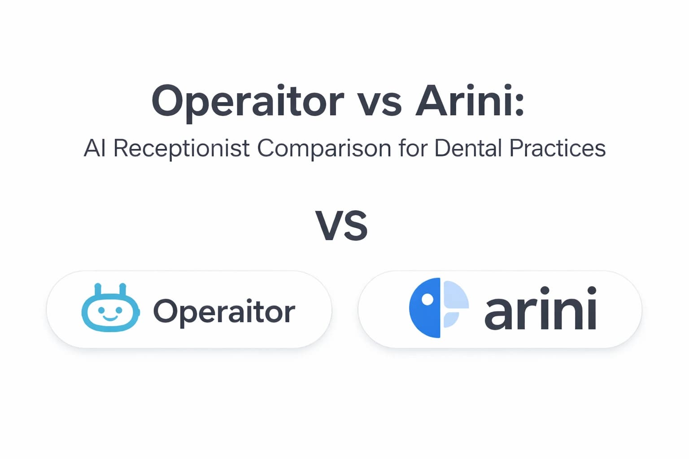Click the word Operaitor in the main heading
pyautogui.click(x=247, y=101)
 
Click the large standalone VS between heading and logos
pyautogui.click(x=342, y=225)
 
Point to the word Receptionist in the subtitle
pyautogui.click(x=181, y=148)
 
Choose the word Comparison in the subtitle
pyautogui.click(x=324, y=148)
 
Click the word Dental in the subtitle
pyautogui.click(x=468, y=148)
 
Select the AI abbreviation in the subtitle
pyautogui.click(x=95, y=148)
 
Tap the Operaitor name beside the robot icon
pyautogui.click(x=224, y=311)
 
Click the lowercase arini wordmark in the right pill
pyautogui.click(x=541, y=309)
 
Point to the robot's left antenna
pyautogui.click(x=98, y=290)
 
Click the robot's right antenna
pyautogui.click(x=123, y=290)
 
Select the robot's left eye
pyautogui.click(x=101, y=310)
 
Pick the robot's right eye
pyautogui.click(x=119, y=310)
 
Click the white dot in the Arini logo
pyautogui.click(x=427, y=299)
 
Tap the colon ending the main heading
pyautogui.click(x=519, y=101)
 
